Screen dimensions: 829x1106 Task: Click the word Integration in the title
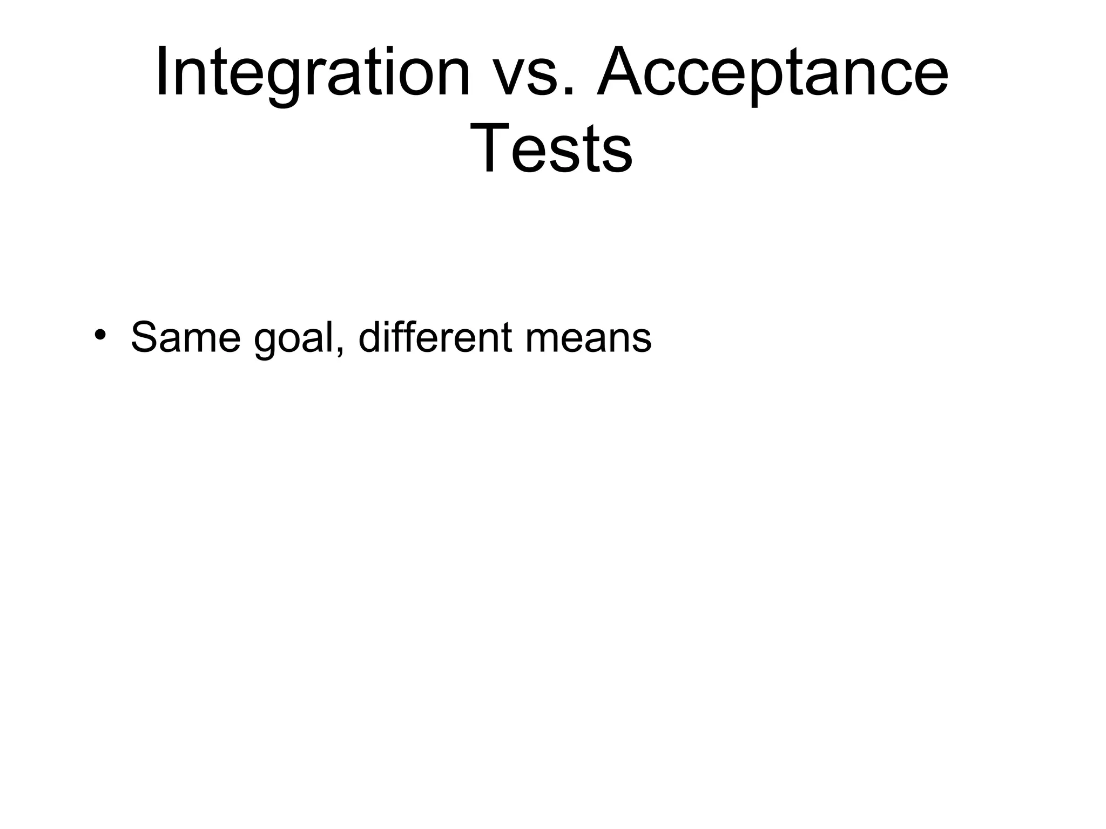[x=313, y=73]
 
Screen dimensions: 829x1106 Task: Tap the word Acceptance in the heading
[x=772, y=73]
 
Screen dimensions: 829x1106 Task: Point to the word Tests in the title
[x=551, y=148]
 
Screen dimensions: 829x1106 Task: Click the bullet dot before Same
[x=99, y=335]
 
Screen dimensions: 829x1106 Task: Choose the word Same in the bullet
[x=185, y=338]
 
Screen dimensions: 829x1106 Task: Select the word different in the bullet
[x=435, y=338]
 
